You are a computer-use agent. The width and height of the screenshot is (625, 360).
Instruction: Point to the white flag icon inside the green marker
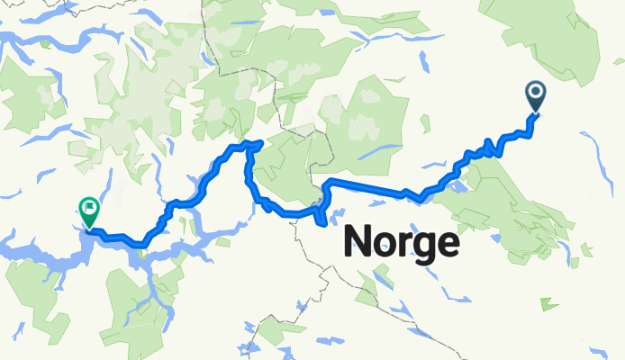[x=88, y=206]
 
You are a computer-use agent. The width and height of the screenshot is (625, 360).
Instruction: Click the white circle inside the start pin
[x=536, y=90]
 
